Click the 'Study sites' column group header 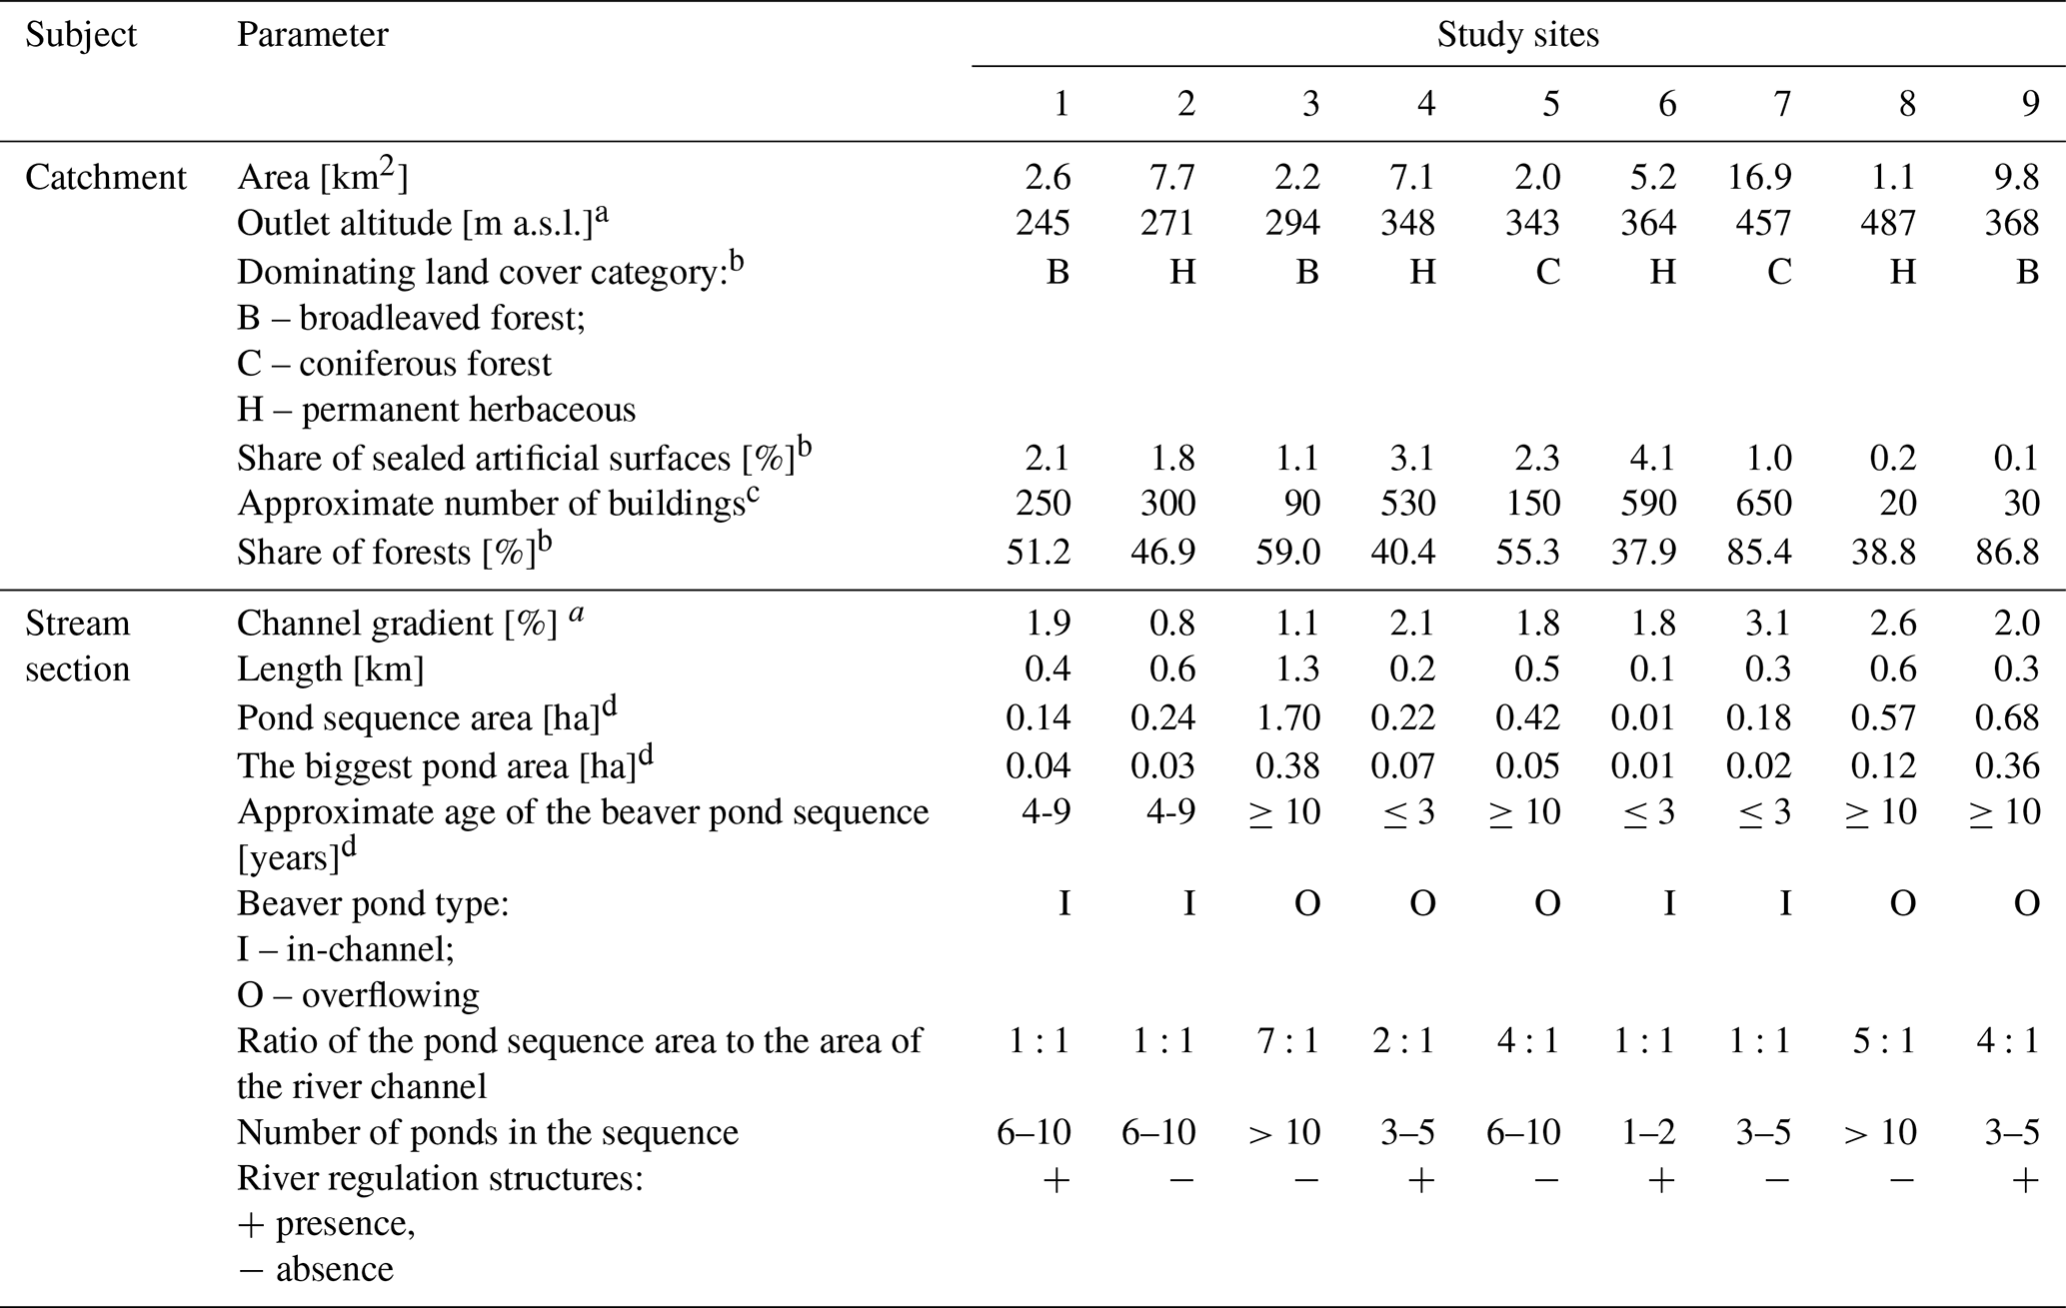tap(1517, 35)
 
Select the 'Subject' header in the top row tap(82, 35)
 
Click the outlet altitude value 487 tap(1887, 223)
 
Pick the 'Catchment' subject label tap(106, 177)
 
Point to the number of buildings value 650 tap(1763, 503)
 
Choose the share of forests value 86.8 tap(2007, 552)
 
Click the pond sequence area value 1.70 tap(1288, 717)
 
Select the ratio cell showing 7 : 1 tap(1288, 1041)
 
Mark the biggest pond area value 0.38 tap(1288, 765)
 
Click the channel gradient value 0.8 tap(1171, 624)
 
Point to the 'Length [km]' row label tap(331, 669)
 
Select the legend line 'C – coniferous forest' tap(394, 364)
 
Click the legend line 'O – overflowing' tap(358, 995)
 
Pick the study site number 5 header tap(1550, 104)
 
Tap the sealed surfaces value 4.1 tap(1652, 458)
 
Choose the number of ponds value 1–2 tap(1645, 1132)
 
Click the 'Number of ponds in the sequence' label tap(488, 1133)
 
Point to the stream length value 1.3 tap(1296, 669)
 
